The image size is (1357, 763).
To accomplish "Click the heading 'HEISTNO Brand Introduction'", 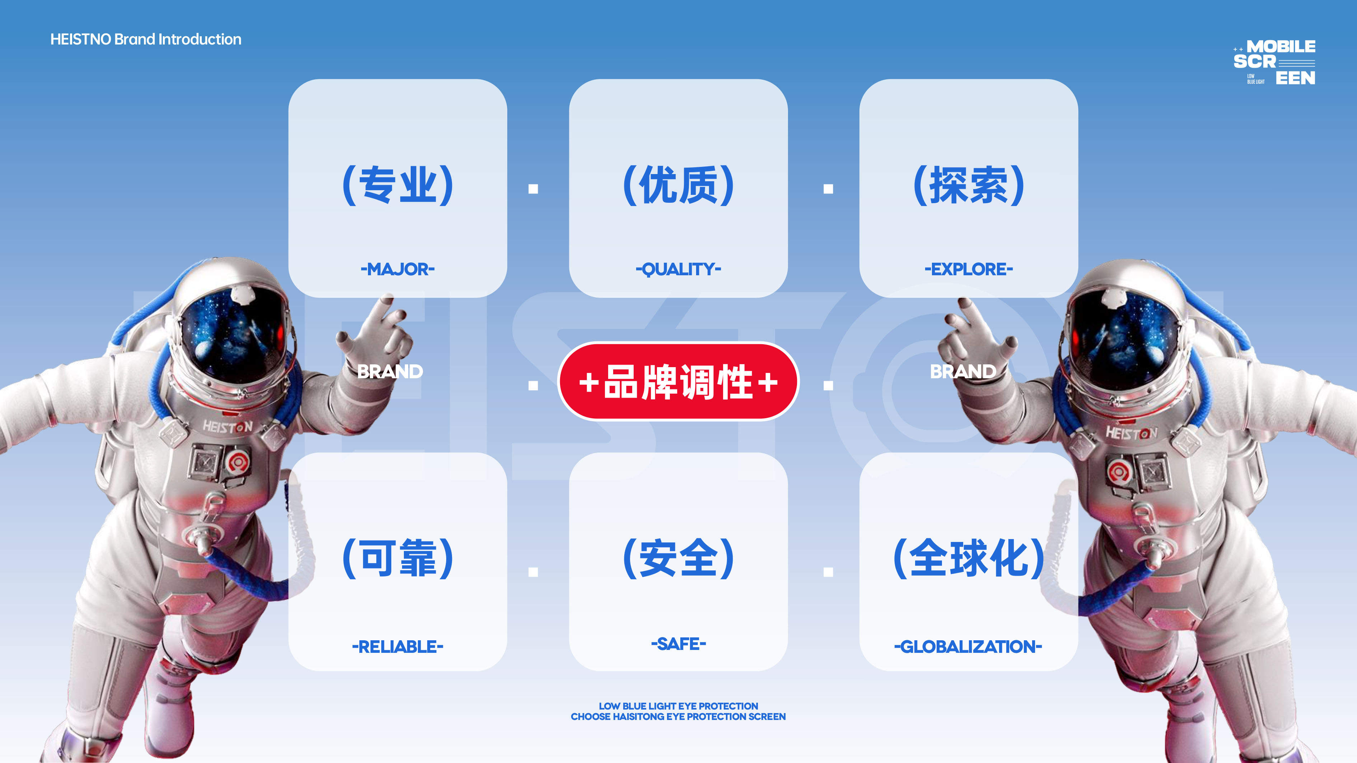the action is [146, 39].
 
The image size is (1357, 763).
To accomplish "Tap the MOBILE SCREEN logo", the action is [1274, 62].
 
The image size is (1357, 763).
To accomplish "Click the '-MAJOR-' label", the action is [398, 269].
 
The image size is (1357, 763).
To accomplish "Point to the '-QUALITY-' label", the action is [678, 270].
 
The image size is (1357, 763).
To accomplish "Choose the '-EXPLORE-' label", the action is [969, 269].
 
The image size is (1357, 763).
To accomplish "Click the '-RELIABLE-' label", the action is [398, 647].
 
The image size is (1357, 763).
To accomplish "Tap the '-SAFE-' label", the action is [678, 643].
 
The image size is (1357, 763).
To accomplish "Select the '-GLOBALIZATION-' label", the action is [968, 647].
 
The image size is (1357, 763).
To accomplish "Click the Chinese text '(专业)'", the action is [398, 185].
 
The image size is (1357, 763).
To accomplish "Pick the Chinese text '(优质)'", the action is [678, 185].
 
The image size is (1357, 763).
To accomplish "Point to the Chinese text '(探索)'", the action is [969, 185].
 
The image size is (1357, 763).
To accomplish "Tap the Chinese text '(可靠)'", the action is [398, 558].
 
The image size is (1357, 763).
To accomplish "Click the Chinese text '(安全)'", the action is [678, 558].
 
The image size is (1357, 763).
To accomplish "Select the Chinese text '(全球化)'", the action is [969, 558].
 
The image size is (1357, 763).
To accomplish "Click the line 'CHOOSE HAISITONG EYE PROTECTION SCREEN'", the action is [678, 717].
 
